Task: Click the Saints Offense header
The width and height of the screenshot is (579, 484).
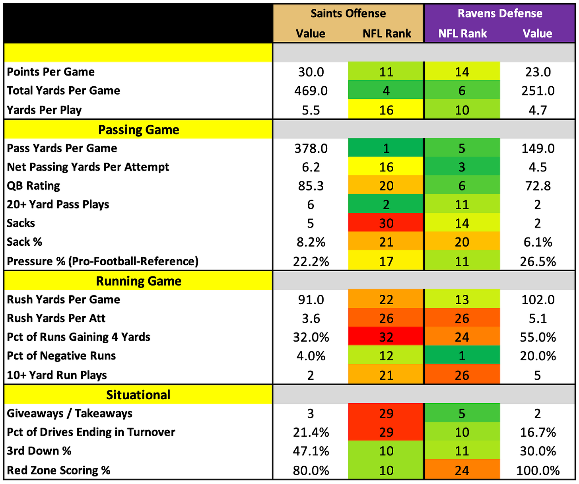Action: pyautogui.click(x=348, y=13)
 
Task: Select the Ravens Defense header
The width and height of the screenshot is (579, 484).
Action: pyautogui.click(x=500, y=13)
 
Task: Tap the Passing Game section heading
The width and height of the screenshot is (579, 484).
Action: pyautogui.click(x=139, y=130)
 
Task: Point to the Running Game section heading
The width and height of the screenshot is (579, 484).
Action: pyautogui.click(x=139, y=281)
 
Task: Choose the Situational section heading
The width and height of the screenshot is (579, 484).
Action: pyautogui.click(x=138, y=395)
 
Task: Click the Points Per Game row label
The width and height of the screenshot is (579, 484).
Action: pyautogui.click(x=51, y=72)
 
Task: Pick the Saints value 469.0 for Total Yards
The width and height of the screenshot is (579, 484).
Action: pyautogui.click(x=311, y=91)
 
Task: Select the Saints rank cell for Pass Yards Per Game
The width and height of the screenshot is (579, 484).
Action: pyautogui.click(x=386, y=148)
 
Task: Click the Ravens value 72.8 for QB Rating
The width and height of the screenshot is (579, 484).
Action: pyautogui.click(x=538, y=186)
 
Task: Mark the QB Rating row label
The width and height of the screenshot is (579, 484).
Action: pyautogui.click(x=33, y=186)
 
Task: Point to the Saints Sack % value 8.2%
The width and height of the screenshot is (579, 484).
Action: pyautogui.click(x=311, y=242)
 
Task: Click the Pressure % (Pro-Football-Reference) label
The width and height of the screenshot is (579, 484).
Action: pyautogui.click(x=103, y=261)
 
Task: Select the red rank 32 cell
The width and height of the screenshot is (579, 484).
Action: pyautogui.click(x=386, y=336)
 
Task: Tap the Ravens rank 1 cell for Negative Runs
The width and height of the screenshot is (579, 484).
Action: pyautogui.click(x=462, y=355)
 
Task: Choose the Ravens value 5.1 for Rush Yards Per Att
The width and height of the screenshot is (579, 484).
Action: pyautogui.click(x=538, y=319)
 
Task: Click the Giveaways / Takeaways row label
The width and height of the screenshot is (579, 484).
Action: pyautogui.click(x=70, y=414)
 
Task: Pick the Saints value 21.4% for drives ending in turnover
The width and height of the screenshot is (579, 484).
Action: pyautogui.click(x=311, y=432)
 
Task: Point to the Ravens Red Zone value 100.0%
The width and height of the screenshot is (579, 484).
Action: pyautogui.click(x=538, y=471)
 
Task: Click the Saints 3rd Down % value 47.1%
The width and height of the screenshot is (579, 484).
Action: pyautogui.click(x=311, y=451)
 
